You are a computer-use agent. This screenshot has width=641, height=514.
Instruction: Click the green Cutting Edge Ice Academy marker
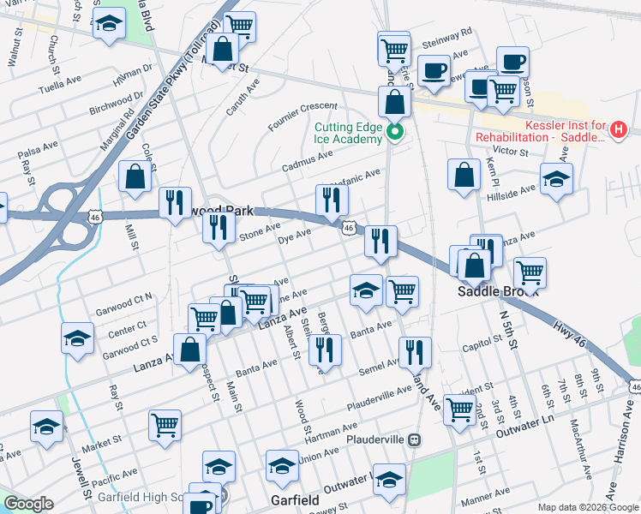click(x=395, y=132)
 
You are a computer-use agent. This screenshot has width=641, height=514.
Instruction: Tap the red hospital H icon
click(x=620, y=131)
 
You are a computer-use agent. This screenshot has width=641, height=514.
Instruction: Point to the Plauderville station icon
click(x=415, y=439)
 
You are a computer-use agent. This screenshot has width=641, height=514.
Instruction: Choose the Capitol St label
click(x=481, y=344)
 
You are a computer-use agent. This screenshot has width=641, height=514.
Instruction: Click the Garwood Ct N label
click(x=126, y=299)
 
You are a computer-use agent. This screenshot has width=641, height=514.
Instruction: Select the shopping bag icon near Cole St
click(x=136, y=177)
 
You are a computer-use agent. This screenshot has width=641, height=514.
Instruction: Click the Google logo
click(x=29, y=505)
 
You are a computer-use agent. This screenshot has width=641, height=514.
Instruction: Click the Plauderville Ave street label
click(x=379, y=397)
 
